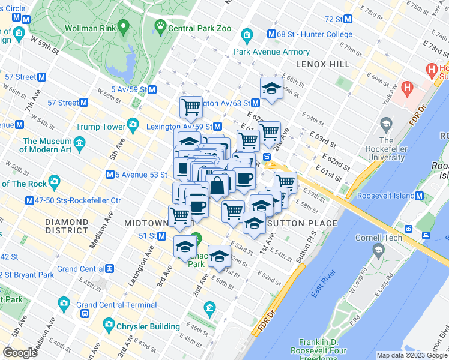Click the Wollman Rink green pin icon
(x=124, y=26)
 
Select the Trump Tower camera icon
(x=133, y=127)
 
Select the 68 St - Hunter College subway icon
(x=272, y=35)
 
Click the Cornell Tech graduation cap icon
(x=378, y=249)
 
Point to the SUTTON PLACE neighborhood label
(x=302, y=223)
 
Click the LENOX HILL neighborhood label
(x=319, y=64)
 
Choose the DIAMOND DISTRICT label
(x=68, y=226)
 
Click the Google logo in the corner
(x=20, y=352)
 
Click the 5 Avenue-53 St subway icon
(x=110, y=175)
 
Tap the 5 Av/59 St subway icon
(x=152, y=90)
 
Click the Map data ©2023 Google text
(x=411, y=355)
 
